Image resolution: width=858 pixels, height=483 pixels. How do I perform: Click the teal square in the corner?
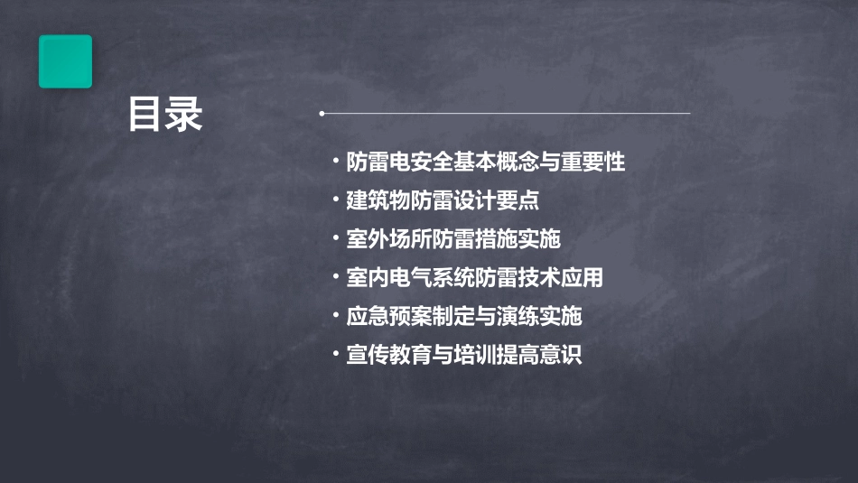tap(65, 61)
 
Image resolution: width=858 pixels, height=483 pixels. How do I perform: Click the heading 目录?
tap(165, 115)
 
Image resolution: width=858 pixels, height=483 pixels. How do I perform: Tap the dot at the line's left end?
tap(322, 114)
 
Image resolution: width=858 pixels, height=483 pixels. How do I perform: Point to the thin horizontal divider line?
tap(506, 114)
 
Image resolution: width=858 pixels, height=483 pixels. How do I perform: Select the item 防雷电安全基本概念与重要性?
tap(486, 163)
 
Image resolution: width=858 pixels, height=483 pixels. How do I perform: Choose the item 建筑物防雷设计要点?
tap(443, 200)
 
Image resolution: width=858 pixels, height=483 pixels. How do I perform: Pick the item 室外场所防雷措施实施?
tap(453, 239)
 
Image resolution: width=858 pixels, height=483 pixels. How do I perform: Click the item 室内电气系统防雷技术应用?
tap(474, 277)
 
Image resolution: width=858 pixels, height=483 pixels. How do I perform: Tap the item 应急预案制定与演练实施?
tap(464, 316)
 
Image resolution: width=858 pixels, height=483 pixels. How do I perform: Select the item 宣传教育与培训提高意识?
tap(464, 355)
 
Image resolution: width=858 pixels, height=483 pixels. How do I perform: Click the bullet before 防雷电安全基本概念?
tap(336, 163)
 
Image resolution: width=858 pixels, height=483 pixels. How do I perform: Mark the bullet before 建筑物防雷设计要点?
tap(336, 200)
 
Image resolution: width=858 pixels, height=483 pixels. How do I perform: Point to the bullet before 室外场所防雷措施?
tap(336, 239)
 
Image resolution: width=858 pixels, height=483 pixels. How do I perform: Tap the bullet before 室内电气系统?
tap(336, 277)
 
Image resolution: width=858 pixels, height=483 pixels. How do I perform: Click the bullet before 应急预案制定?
tap(336, 316)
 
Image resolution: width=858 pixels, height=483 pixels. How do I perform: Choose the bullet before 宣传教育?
tap(336, 355)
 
